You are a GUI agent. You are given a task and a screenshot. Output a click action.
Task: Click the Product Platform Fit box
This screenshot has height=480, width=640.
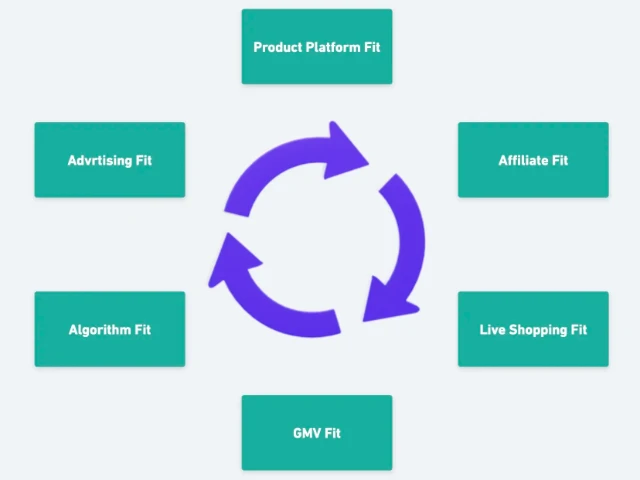point(317,47)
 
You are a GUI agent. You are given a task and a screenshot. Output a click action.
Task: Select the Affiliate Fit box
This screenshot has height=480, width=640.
point(533,160)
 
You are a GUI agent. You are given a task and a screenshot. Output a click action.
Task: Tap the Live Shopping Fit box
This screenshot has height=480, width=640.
point(533,330)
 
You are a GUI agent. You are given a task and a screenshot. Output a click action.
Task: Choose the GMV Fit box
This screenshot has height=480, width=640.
point(317,433)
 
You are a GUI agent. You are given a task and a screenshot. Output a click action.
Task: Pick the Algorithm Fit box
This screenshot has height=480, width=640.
point(110,330)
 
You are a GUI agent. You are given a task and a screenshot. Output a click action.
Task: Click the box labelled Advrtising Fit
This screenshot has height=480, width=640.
point(110,160)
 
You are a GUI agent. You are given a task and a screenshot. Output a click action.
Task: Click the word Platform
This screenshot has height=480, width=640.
point(334,47)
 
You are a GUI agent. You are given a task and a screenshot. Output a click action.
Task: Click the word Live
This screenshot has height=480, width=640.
point(492,330)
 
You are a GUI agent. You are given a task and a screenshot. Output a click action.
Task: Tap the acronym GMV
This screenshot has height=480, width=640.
point(307,433)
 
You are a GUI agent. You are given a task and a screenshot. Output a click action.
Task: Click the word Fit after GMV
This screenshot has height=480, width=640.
point(333,433)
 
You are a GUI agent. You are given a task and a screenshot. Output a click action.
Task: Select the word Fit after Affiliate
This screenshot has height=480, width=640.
point(560,160)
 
